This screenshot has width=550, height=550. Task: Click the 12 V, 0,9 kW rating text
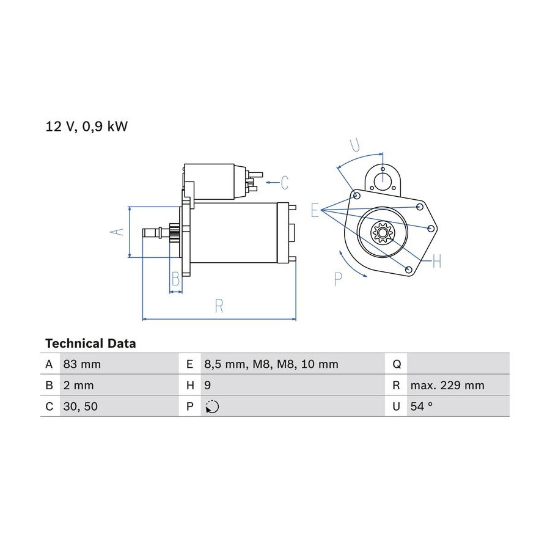[x=87, y=127]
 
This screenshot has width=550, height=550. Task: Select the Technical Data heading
[x=90, y=343]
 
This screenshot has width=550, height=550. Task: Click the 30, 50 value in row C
[x=80, y=406]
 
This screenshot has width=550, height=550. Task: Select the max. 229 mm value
[x=447, y=385]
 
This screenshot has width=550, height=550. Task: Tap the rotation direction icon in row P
[x=212, y=406]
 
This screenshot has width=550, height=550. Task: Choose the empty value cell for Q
[x=458, y=364]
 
